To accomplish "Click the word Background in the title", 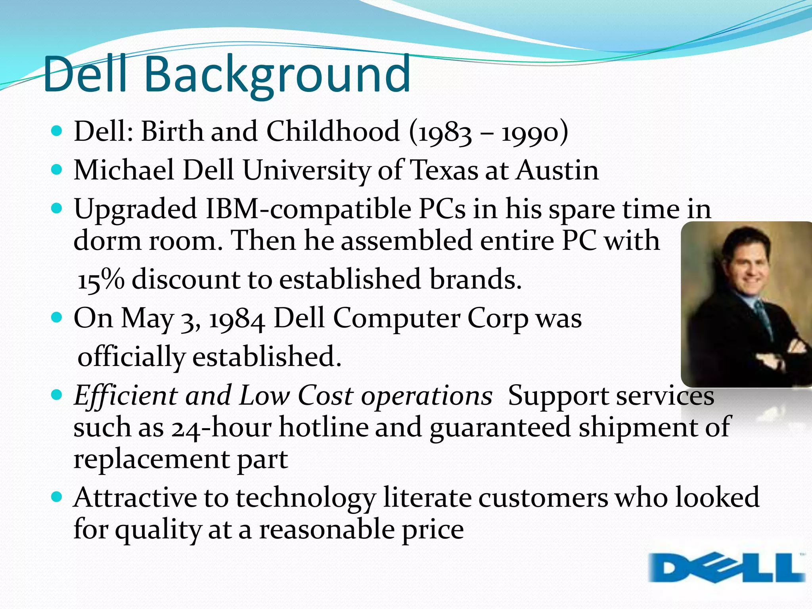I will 278,75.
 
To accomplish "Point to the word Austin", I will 557,170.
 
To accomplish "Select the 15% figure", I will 101,280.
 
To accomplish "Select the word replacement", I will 151,460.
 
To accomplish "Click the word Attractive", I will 135,498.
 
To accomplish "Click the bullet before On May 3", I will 57,317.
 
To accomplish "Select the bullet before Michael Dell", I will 57,170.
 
